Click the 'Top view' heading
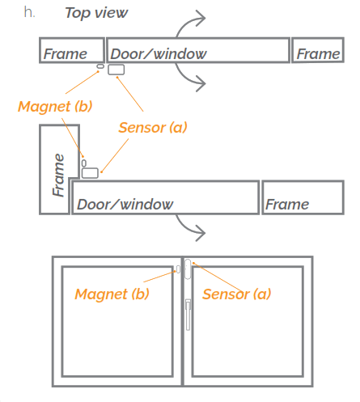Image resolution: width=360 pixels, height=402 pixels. pyautogui.click(x=95, y=13)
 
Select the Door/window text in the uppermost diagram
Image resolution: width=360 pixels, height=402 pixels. pyautogui.click(x=159, y=54)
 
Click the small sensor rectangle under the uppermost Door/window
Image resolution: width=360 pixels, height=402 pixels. pyautogui.click(x=116, y=70)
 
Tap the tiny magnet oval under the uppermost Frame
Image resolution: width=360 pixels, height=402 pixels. pyautogui.click(x=100, y=67)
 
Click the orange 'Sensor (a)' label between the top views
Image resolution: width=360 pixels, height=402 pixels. pyautogui.click(x=152, y=127)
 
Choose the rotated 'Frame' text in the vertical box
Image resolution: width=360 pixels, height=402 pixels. pyautogui.click(x=58, y=174)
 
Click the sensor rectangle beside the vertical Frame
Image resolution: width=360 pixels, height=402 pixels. pyautogui.click(x=90, y=172)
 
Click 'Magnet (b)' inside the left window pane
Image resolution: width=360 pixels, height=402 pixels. pyautogui.click(x=112, y=294)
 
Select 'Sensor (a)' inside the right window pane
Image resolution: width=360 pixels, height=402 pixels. pyautogui.click(x=236, y=294)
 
